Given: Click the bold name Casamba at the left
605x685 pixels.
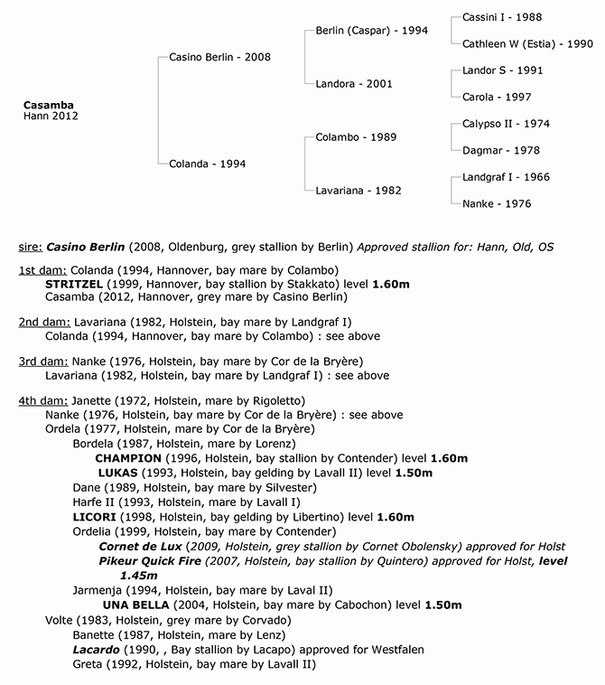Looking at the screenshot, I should (48, 105).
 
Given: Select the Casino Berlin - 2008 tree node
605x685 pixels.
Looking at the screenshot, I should (219, 57).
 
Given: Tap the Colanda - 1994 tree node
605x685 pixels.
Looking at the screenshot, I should (207, 164).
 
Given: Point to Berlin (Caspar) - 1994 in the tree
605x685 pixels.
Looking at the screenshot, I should (371, 30).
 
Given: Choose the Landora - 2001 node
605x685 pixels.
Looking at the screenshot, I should (353, 83).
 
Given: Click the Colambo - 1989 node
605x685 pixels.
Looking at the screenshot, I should (356, 137).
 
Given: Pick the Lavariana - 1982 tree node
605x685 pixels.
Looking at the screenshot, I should (358, 191).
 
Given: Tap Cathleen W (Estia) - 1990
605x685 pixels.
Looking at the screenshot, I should (527, 43).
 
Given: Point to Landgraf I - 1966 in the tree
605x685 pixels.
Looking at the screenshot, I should (505, 177).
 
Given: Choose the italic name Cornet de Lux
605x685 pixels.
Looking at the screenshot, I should (140, 547).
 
